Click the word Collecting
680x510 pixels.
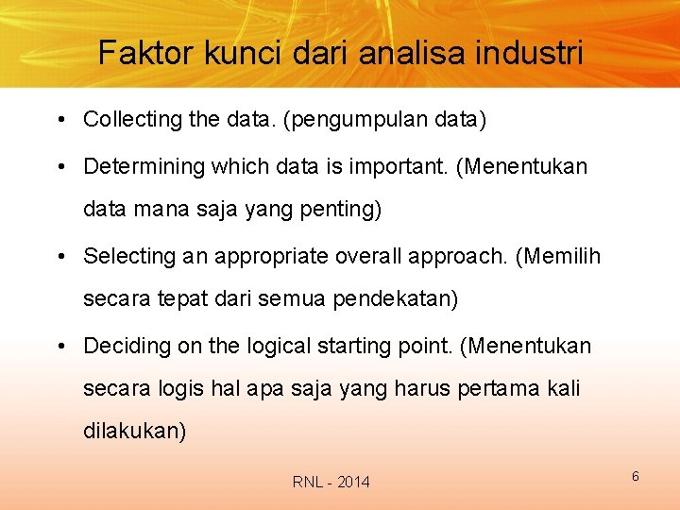[130, 120]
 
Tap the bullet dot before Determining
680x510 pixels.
[59, 167]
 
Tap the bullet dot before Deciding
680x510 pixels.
[59, 347]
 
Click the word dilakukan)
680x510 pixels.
[135, 432]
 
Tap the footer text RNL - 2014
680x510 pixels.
[331, 483]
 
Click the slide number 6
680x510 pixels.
[636, 476]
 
